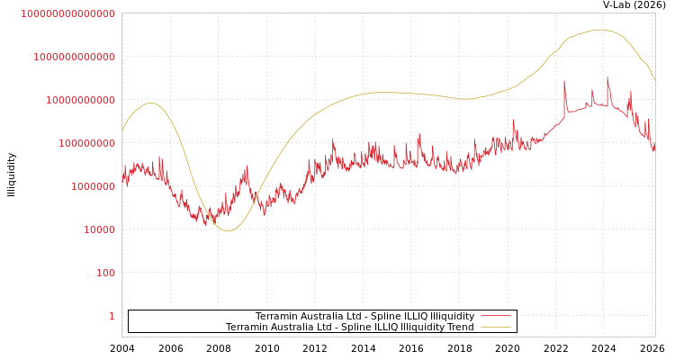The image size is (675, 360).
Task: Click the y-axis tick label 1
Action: tap(112, 316)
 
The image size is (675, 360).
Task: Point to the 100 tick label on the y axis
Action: tap(106, 273)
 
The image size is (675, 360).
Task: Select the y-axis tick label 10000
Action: tap(100, 229)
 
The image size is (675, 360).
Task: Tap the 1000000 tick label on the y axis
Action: tap(94, 186)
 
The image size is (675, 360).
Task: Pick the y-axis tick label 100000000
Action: tap(87, 143)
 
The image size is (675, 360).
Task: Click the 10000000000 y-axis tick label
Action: tap(81, 100)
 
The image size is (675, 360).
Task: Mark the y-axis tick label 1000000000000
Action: tap(75, 57)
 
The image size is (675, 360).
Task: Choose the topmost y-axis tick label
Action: tap(68, 13)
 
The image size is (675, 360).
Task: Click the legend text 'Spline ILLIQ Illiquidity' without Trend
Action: tap(364, 316)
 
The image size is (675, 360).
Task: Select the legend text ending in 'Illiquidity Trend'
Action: tap(349, 327)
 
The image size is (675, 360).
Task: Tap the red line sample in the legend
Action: tap(496, 316)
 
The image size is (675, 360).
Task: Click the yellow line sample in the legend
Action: tap(496, 327)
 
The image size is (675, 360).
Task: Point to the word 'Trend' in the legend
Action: tap(460, 327)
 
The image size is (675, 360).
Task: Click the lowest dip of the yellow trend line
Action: tap(229, 231)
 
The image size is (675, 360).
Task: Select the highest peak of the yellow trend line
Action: tap(599, 30)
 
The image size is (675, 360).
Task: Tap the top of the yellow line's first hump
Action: tap(151, 103)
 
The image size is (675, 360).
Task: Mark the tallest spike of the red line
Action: tap(607, 77)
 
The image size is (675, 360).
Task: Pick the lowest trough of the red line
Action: tap(205, 224)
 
